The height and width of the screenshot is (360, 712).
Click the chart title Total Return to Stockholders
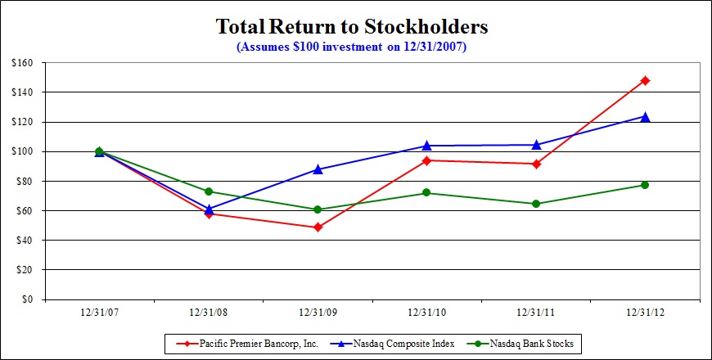(x=352, y=27)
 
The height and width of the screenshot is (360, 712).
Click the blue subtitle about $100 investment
(x=351, y=47)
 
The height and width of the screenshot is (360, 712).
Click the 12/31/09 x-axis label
(x=318, y=312)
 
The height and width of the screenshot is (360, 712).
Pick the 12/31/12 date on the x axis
(x=645, y=312)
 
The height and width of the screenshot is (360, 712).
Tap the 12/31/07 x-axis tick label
(x=99, y=312)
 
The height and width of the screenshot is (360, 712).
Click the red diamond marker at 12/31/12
(x=645, y=80)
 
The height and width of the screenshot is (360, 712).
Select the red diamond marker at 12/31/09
(x=318, y=227)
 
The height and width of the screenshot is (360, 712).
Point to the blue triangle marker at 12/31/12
(x=645, y=117)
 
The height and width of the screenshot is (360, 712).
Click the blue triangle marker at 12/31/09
(x=318, y=169)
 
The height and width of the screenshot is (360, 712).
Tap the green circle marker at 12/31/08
(x=208, y=191)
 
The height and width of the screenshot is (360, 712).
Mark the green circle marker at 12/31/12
(x=645, y=185)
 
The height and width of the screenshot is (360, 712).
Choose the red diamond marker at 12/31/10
(x=426, y=160)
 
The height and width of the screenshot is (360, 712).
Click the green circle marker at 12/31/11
(x=536, y=204)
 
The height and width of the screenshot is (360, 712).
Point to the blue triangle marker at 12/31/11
(x=536, y=145)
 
